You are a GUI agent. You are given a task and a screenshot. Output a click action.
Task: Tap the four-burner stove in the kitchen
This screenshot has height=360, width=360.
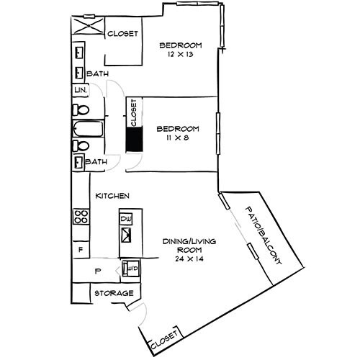point(81,217)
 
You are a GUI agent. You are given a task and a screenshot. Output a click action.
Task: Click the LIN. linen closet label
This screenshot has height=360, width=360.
point(79,91)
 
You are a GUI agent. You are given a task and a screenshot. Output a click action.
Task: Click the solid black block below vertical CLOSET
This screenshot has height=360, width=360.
point(133,139)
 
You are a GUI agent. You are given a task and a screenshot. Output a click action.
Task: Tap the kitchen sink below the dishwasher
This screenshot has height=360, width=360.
point(129,235)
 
